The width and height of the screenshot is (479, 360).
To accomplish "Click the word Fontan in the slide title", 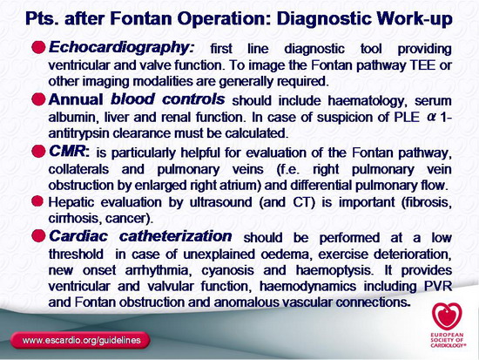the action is click(142, 18).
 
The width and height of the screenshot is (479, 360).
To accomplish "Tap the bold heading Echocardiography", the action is click(121, 48).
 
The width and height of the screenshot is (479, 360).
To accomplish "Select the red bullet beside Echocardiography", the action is click(38, 47).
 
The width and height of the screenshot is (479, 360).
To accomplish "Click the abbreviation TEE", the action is click(422, 65).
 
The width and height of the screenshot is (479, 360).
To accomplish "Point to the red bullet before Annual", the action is click(38, 99).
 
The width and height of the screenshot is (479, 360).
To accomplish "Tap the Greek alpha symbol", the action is click(431, 118).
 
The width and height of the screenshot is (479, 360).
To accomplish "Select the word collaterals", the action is click(78, 169).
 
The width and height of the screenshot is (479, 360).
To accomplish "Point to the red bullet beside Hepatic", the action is click(37, 201).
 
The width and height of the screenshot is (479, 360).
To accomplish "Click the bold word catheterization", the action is click(175, 236).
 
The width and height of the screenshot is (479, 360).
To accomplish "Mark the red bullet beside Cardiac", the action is click(38, 236).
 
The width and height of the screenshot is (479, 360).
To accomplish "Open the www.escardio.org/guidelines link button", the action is click(80, 341).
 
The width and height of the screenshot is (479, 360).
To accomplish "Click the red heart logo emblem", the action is click(447, 316).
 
